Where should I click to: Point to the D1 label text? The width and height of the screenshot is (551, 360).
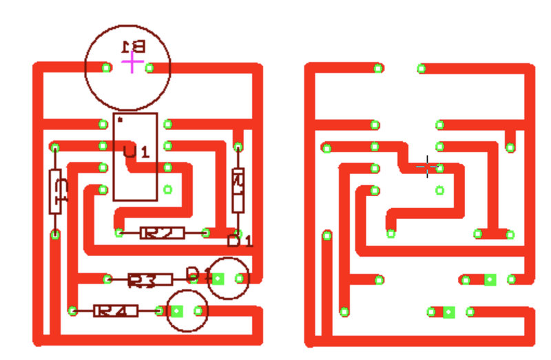pyautogui.click(x=240, y=241)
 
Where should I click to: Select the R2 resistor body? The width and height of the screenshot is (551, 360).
pyautogui.click(x=163, y=233)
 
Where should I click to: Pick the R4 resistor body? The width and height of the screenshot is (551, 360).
pyautogui.click(x=116, y=311)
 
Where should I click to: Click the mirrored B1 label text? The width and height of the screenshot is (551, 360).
pyautogui.click(x=133, y=46)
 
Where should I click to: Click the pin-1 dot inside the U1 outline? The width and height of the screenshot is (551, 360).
pyautogui.click(x=121, y=120)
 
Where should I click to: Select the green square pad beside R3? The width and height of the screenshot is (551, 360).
pyautogui.click(x=218, y=279)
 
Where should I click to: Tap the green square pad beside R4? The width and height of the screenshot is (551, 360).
pyautogui.click(x=176, y=311)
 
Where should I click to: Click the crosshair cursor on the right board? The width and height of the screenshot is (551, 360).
pyautogui.click(x=428, y=166)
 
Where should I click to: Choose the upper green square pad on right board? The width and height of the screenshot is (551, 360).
pyautogui.click(x=490, y=279)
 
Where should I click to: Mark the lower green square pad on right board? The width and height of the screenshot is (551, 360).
pyautogui.click(x=449, y=312)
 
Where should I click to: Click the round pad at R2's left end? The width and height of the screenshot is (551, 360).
pyautogui.click(x=119, y=233)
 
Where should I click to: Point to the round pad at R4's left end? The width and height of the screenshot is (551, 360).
pyautogui.click(x=72, y=311)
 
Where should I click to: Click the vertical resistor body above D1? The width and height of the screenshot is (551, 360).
pyautogui.click(x=238, y=189)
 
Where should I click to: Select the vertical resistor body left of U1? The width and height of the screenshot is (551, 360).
pyautogui.click(x=57, y=191)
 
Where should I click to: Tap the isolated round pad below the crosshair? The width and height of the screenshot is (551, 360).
pyautogui.click(x=440, y=190)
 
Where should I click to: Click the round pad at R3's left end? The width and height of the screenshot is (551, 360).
pyautogui.click(x=107, y=279)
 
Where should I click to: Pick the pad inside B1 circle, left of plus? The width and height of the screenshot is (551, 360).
pyautogui.click(x=106, y=67)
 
